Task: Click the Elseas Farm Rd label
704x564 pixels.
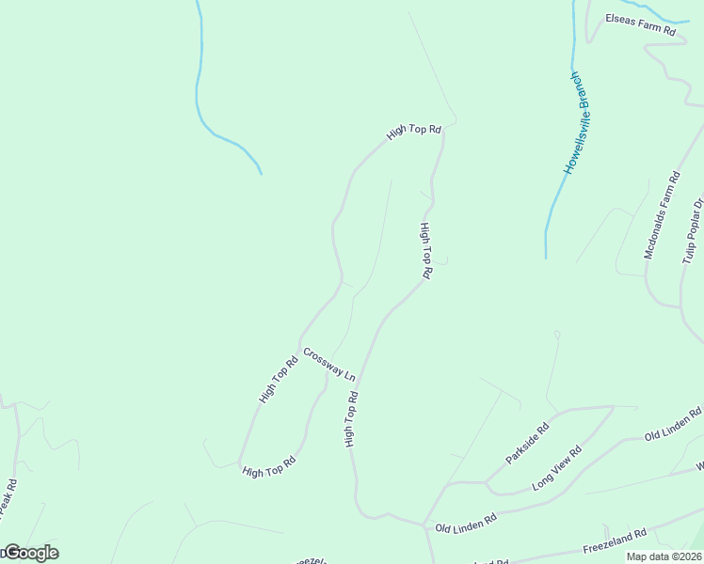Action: click(641, 23)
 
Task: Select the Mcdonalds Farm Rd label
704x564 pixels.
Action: click(662, 214)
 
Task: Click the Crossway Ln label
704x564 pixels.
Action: click(328, 363)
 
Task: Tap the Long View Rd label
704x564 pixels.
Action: click(557, 468)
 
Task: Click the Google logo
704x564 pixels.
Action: click(30, 553)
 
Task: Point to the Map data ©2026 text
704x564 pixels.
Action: click(664, 556)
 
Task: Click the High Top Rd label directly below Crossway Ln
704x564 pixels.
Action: click(350, 418)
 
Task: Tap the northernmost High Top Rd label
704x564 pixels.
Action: click(413, 133)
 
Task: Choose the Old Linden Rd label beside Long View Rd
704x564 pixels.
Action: click(673, 425)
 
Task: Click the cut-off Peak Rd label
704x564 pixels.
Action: click(8, 501)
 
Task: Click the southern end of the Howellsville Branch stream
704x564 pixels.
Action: click(546, 257)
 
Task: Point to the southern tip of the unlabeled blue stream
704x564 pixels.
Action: click(261, 173)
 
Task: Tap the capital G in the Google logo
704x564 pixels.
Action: click(10, 553)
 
